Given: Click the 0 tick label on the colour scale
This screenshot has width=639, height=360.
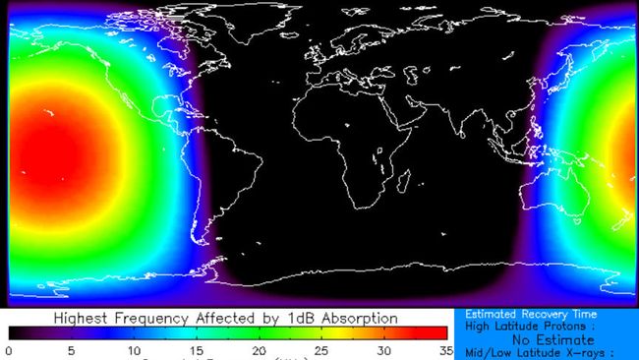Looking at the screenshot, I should pos(9,349).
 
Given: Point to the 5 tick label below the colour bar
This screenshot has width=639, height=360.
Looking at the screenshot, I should pos(72,349).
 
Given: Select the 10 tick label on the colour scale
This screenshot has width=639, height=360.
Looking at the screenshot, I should pos(134,349).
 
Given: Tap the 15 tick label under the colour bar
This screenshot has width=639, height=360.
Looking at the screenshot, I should pos(197,349).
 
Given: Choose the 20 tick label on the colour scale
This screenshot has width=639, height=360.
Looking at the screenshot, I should pos(259,349).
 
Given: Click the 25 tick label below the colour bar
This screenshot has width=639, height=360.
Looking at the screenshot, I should pos(321,349).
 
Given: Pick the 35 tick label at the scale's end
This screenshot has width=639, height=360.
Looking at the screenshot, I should pos(444,349).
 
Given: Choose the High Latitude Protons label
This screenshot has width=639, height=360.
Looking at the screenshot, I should pos(531,326).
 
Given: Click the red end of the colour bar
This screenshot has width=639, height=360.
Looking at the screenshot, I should pos(433,333).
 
